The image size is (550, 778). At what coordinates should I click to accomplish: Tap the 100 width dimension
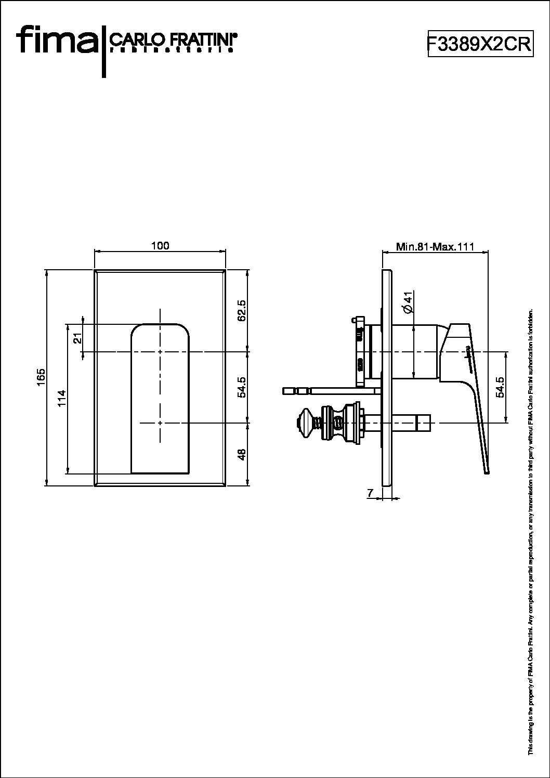coord(160,246)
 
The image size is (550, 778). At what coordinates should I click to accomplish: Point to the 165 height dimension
coord(42,377)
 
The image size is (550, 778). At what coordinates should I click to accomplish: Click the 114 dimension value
coord(62,399)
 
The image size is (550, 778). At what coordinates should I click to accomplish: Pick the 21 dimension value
coord(77,338)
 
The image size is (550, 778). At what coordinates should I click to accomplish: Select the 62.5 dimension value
coord(241,310)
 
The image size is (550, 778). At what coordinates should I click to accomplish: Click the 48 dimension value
coord(241,453)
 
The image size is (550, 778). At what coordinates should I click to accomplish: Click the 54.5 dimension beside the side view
coord(500,387)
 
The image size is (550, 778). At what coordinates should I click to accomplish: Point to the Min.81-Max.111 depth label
coord(435,247)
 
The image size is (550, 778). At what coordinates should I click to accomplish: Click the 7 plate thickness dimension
coord(370,493)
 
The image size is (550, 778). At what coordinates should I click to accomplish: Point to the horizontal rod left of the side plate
coord(322,390)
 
